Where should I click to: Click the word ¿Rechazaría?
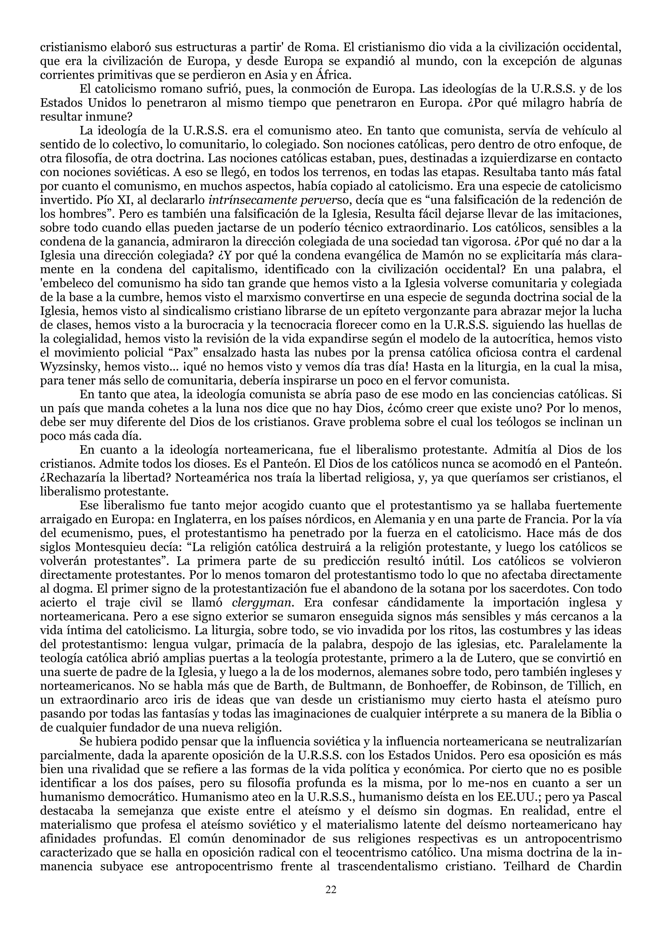click(x=74, y=477)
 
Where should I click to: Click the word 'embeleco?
click(x=67, y=283)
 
